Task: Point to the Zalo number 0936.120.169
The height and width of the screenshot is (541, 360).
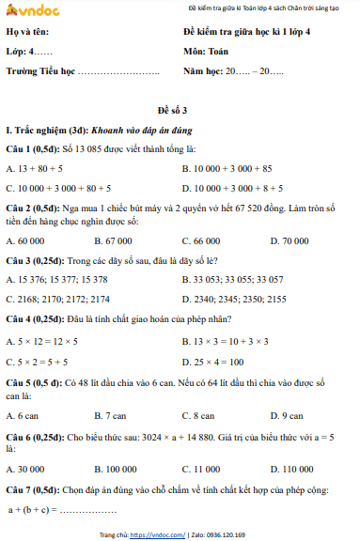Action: coord(224,533)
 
